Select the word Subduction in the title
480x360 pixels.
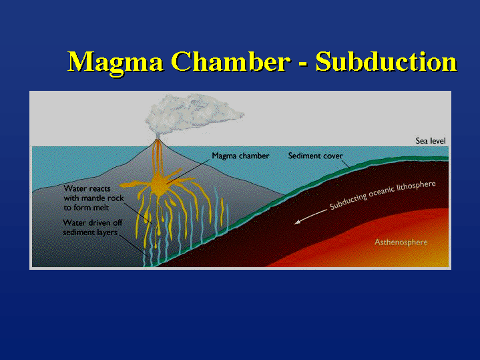pyautogui.click(x=387, y=61)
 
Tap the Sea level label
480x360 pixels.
pyautogui.click(x=431, y=141)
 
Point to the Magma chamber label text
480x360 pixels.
pyautogui.click(x=240, y=156)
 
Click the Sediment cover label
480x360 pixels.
pyautogui.click(x=315, y=156)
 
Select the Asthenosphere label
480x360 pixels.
pyautogui.click(x=401, y=242)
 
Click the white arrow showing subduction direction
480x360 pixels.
pyautogui.click(x=310, y=216)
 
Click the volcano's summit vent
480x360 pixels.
pyautogui.click(x=158, y=140)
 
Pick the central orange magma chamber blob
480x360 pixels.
pyautogui.click(x=159, y=184)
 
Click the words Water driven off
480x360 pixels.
pyautogui.click(x=92, y=222)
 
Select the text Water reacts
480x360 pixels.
pyautogui.click(x=87, y=188)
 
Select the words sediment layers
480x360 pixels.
pyautogui.click(x=90, y=232)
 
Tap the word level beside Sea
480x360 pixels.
pyautogui.click(x=437, y=141)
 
